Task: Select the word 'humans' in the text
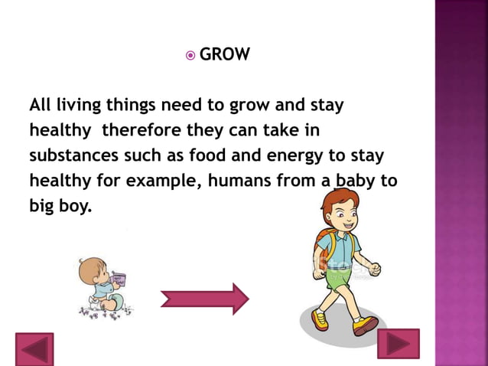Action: click(233, 181)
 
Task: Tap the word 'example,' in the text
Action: click(155, 181)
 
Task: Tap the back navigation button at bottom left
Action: click(34, 349)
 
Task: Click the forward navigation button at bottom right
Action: click(399, 345)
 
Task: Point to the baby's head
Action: click(89, 270)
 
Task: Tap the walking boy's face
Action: click(345, 217)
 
